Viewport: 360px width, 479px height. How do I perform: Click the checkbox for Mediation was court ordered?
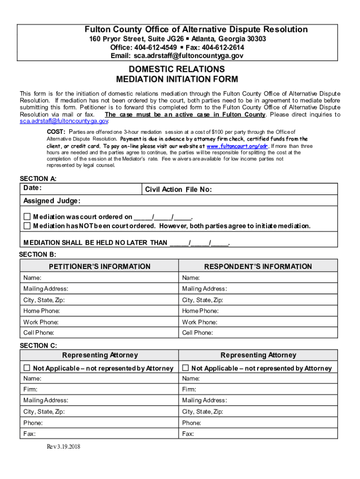[27, 217]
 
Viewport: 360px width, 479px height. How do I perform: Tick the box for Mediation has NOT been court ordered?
[27, 226]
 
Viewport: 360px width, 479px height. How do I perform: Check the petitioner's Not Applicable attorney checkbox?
[27, 368]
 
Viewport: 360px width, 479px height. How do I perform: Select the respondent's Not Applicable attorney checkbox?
[185, 368]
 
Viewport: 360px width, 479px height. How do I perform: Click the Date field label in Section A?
[33, 188]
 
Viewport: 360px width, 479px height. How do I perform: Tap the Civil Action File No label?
[178, 189]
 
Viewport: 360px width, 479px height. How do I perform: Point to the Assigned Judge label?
[52, 201]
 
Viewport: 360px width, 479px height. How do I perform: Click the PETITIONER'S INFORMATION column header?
[100, 267]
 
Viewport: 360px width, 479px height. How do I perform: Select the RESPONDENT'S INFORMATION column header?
[258, 267]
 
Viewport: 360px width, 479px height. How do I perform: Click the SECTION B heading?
[37, 254]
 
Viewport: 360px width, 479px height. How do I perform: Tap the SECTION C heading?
[38, 346]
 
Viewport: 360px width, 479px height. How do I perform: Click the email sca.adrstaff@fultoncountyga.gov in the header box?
[188, 56]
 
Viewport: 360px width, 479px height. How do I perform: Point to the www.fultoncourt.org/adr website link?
[237, 146]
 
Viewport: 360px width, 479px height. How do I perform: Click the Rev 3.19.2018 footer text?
[63, 447]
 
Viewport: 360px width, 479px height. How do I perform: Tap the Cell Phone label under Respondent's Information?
[197, 333]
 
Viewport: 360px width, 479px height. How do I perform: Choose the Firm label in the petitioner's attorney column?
[30, 389]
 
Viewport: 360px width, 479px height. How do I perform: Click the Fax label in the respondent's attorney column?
[188, 434]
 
